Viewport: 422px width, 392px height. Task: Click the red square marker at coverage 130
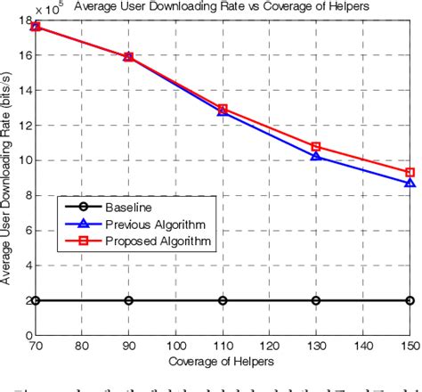pyautogui.click(x=316, y=146)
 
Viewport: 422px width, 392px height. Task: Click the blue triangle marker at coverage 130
pyautogui.click(x=316, y=156)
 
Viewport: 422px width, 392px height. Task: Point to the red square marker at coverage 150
pyautogui.click(x=410, y=172)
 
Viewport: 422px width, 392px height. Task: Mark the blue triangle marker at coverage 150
pyautogui.click(x=410, y=183)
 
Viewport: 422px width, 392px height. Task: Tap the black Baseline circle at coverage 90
pyautogui.click(x=129, y=300)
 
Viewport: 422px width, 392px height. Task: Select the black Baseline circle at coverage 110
pyautogui.click(x=223, y=300)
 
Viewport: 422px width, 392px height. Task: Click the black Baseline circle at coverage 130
pyautogui.click(x=316, y=300)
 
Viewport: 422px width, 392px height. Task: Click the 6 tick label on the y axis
pyautogui.click(x=27, y=230)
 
